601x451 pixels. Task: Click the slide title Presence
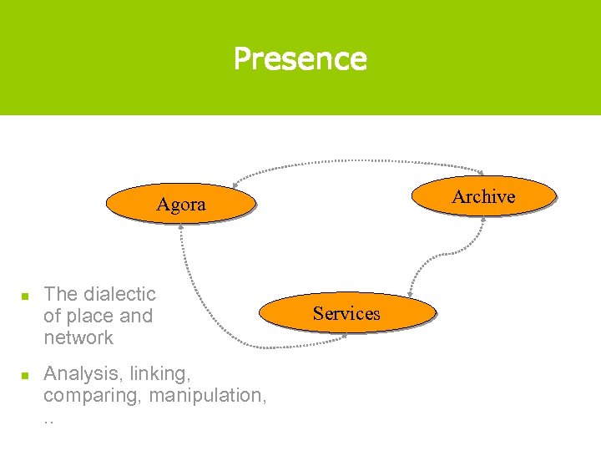pyautogui.click(x=300, y=58)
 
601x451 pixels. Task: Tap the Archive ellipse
pyautogui.click(x=483, y=196)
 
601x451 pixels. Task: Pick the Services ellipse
pyautogui.click(x=346, y=313)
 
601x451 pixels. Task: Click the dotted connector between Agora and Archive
pyautogui.click(x=359, y=160)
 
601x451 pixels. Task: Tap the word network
pyautogui.click(x=78, y=337)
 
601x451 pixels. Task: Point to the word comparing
pyautogui.click(x=93, y=394)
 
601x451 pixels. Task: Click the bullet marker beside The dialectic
pyautogui.click(x=25, y=296)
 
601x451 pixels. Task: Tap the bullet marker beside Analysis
pyautogui.click(x=25, y=374)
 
